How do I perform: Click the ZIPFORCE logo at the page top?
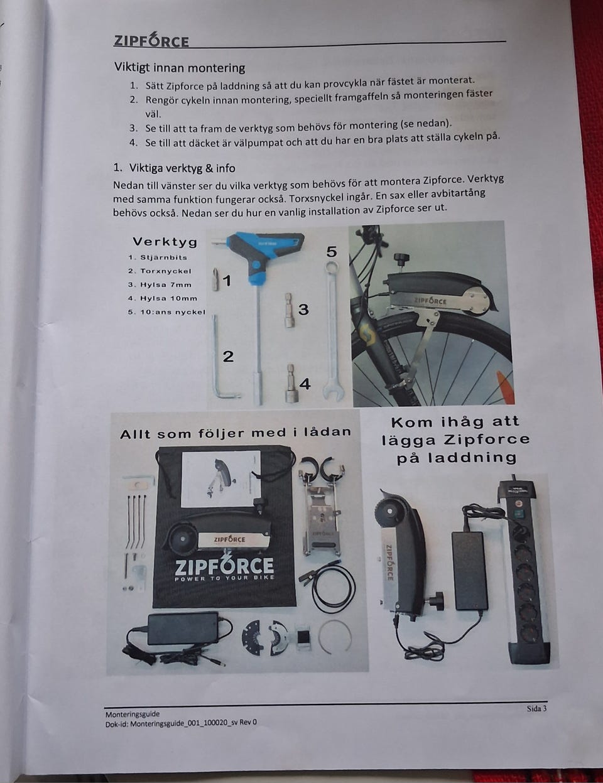click(x=151, y=40)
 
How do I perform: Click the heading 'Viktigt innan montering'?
click(x=180, y=67)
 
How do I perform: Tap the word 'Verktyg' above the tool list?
click(x=165, y=241)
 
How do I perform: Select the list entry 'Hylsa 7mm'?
click(x=160, y=284)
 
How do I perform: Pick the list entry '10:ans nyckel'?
click(x=166, y=312)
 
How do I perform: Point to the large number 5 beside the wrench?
click(x=331, y=252)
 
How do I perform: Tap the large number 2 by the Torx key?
click(x=228, y=357)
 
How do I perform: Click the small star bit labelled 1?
click(x=216, y=279)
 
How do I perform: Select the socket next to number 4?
click(x=291, y=383)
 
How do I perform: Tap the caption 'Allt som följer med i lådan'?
click(x=236, y=433)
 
